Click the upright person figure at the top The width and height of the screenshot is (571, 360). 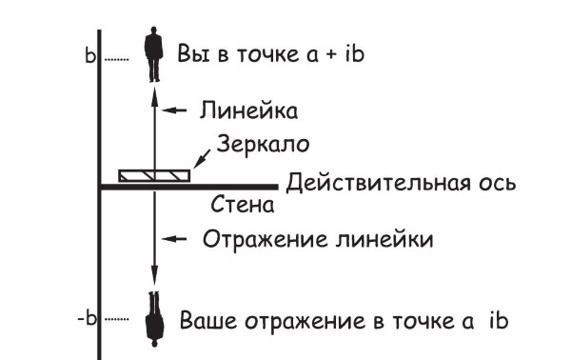151,56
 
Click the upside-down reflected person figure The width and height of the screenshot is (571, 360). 151,316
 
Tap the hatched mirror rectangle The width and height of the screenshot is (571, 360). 153,175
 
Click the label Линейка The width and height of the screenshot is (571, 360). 249,111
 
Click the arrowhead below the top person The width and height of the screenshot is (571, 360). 152,89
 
